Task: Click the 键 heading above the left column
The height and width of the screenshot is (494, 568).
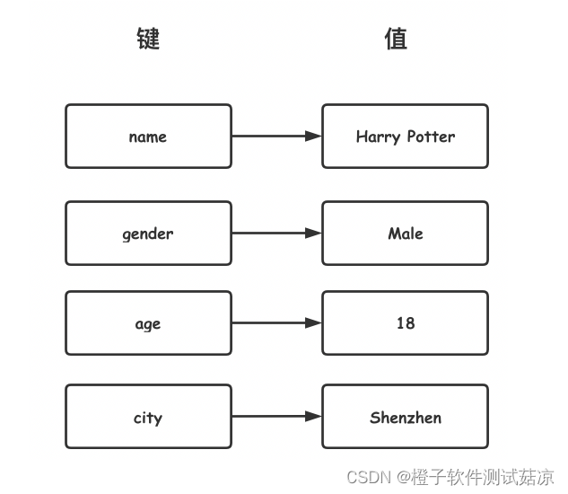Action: click(x=148, y=39)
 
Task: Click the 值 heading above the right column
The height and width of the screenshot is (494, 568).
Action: click(x=396, y=39)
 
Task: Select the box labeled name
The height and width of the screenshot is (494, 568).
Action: click(x=148, y=137)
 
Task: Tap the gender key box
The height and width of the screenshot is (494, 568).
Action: click(x=148, y=234)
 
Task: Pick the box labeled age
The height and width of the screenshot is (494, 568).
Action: click(x=148, y=323)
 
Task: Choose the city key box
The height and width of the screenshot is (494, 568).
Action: click(x=148, y=417)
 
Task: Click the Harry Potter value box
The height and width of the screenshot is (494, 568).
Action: click(x=405, y=137)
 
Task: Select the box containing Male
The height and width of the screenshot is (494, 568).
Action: click(x=405, y=234)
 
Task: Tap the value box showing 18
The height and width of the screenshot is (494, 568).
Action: click(x=405, y=323)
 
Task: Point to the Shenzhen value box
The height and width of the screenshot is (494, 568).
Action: click(x=405, y=417)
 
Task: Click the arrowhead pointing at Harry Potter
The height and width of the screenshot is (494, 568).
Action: click(x=313, y=137)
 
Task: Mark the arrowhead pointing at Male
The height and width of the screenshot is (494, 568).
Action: click(x=313, y=234)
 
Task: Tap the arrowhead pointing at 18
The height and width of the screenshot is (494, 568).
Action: click(x=313, y=323)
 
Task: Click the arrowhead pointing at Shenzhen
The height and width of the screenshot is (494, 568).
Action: click(x=313, y=417)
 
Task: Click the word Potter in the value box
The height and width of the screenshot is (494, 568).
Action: click(x=431, y=137)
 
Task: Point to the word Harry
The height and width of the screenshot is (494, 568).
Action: click(x=378, y=137)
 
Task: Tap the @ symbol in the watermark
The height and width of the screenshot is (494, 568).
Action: click(x=404, y=477)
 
